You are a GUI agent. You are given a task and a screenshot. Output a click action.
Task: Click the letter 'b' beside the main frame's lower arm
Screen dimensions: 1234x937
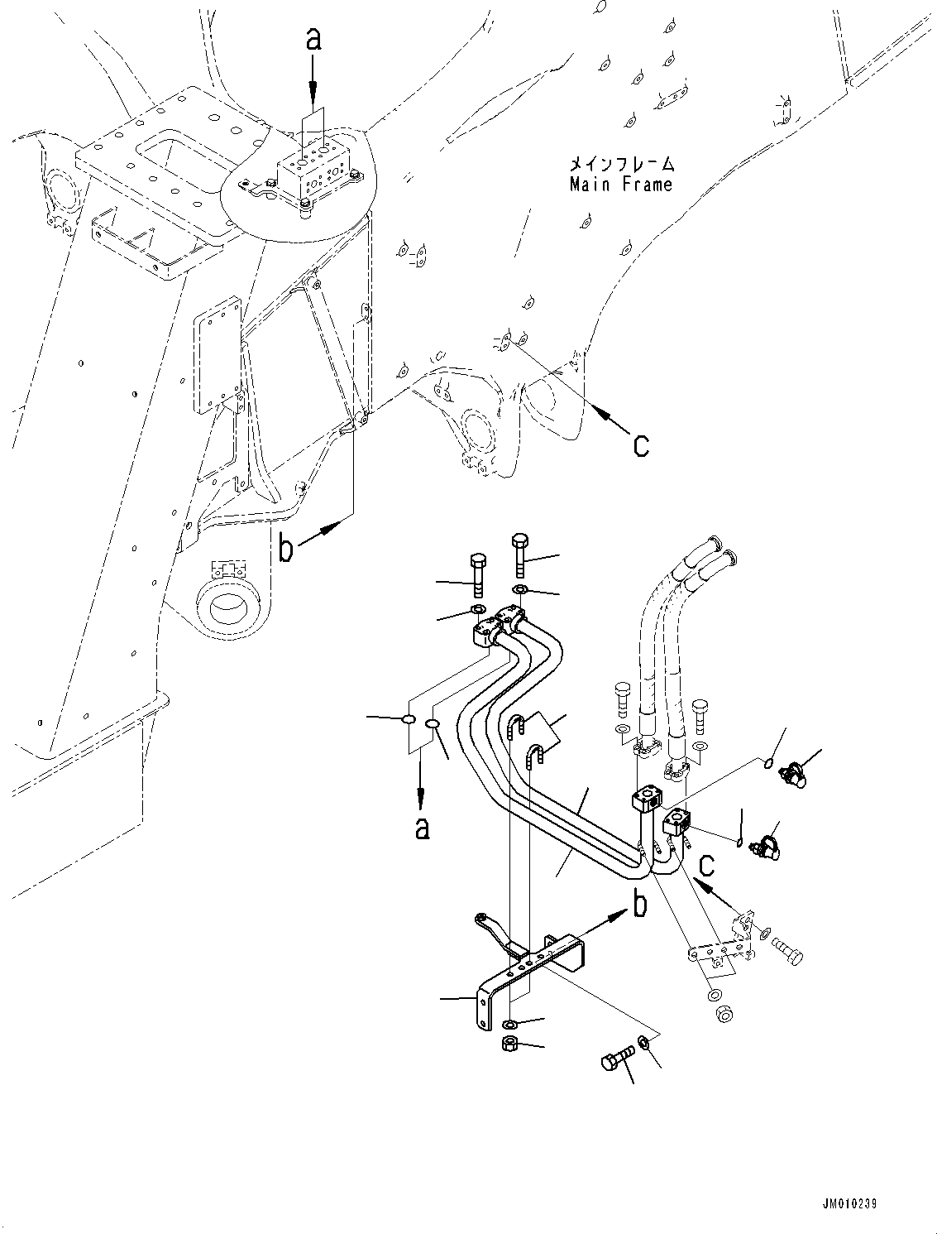tap(286, 549)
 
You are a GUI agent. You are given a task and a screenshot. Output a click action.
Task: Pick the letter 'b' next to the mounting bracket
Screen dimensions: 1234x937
tap(639, 906)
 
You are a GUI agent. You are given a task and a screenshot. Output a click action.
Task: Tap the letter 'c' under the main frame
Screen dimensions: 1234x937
tap(641, 445)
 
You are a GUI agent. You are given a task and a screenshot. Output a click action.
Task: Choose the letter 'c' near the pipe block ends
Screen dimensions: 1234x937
tap(705, 865)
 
